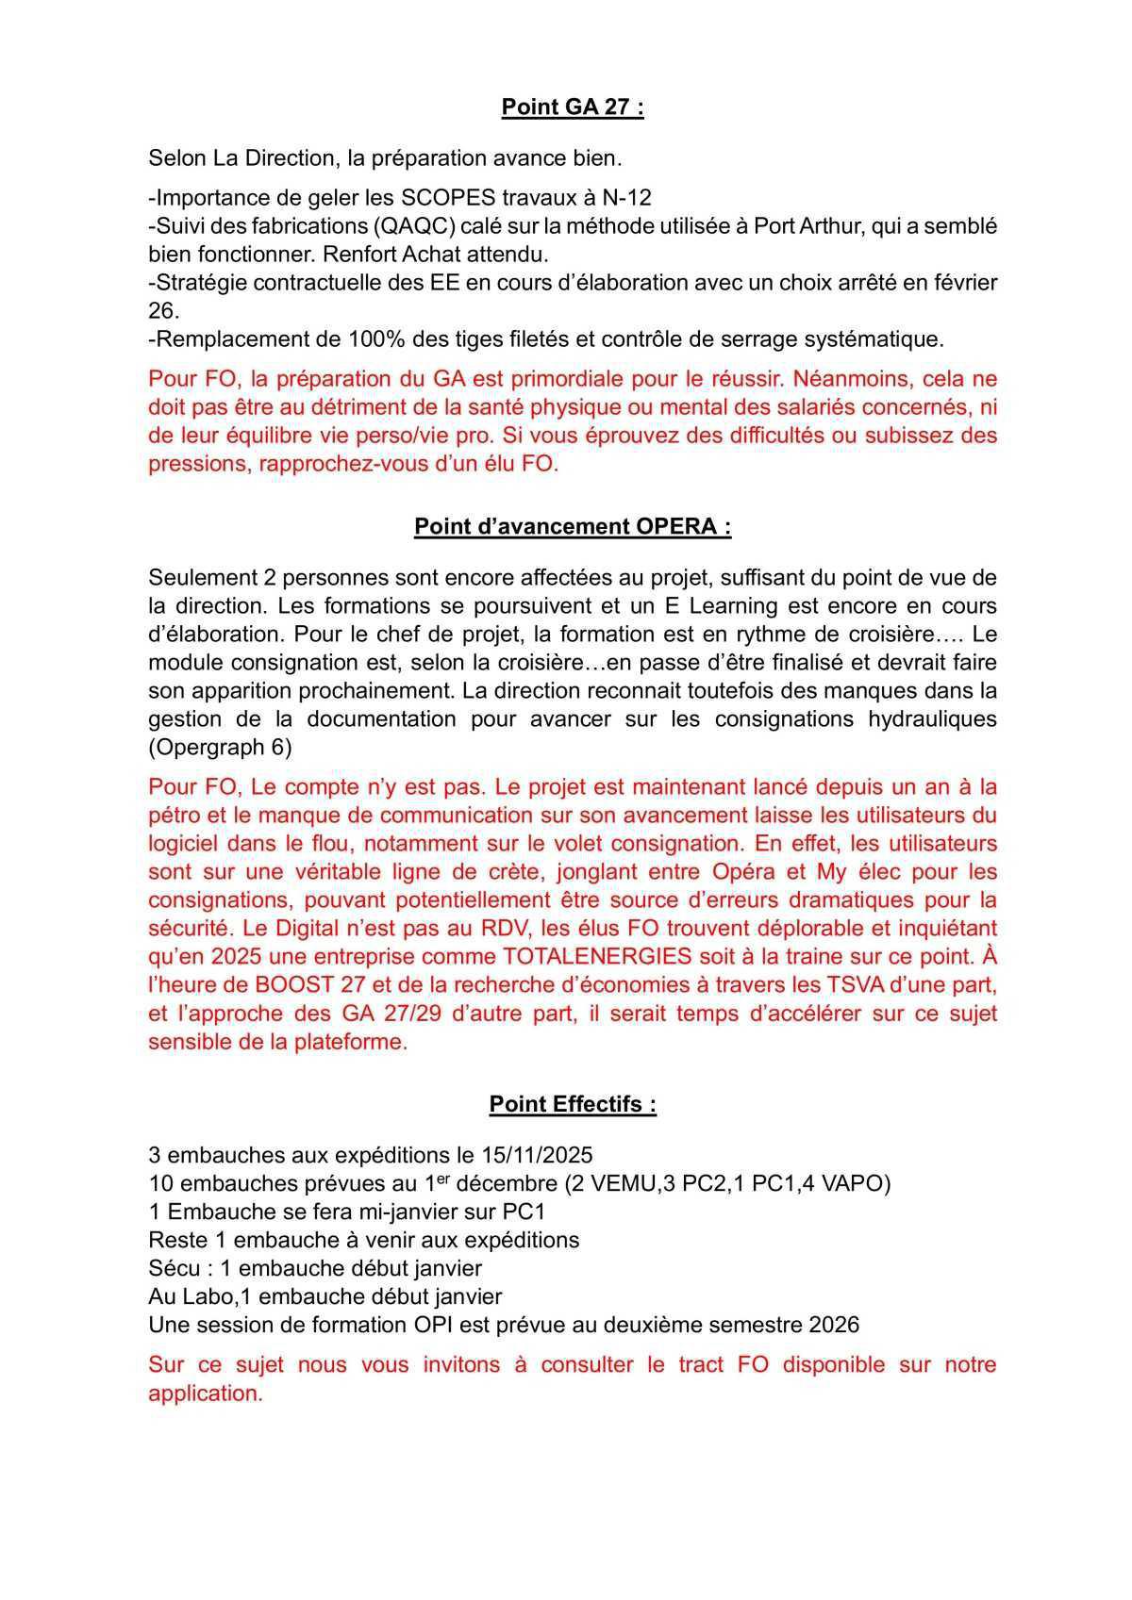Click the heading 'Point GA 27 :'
coord(572,107)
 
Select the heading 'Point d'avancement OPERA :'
coord(572,526)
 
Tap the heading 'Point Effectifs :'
coord(572,1104)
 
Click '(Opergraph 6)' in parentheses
coord(220,748)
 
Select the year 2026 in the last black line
coord(834,1324)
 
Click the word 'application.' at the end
coord(206,1393)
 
